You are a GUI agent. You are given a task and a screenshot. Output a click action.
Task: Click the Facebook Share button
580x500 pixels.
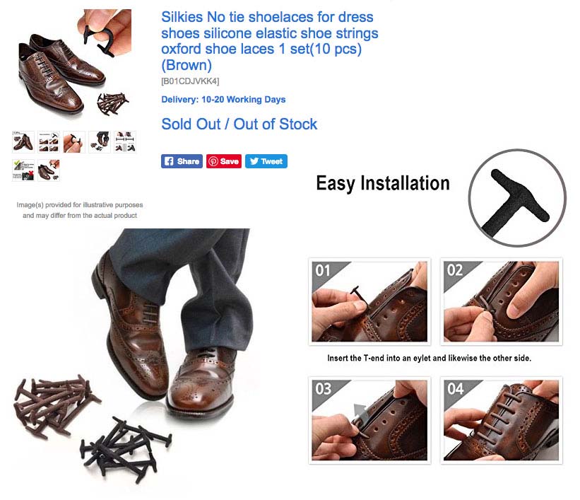182,161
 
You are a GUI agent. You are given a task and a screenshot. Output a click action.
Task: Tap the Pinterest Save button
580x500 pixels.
224,161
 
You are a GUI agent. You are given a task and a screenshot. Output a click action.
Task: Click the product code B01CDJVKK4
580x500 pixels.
190,81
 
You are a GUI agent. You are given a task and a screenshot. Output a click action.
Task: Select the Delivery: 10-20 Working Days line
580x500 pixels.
223,99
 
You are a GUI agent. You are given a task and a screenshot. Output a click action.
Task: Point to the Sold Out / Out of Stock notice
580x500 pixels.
239,124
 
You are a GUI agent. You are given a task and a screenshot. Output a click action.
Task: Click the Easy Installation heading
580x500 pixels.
383,183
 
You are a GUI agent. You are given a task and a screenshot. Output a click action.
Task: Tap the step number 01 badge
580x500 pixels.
323,270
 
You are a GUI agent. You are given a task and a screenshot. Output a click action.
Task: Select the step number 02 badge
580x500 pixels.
455,270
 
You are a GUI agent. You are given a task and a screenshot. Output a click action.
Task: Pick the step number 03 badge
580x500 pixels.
323,388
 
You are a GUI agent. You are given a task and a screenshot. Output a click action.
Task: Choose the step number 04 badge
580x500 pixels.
455,388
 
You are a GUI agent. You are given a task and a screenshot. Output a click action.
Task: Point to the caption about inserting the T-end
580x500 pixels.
429,358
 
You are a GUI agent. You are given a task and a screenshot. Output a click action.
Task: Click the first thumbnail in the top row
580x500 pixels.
23,142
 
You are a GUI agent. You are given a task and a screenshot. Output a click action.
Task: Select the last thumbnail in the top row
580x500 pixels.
125,142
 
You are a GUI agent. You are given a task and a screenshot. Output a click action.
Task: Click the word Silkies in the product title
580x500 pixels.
182,17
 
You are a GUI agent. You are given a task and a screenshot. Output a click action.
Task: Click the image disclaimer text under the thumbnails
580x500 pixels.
80,210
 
